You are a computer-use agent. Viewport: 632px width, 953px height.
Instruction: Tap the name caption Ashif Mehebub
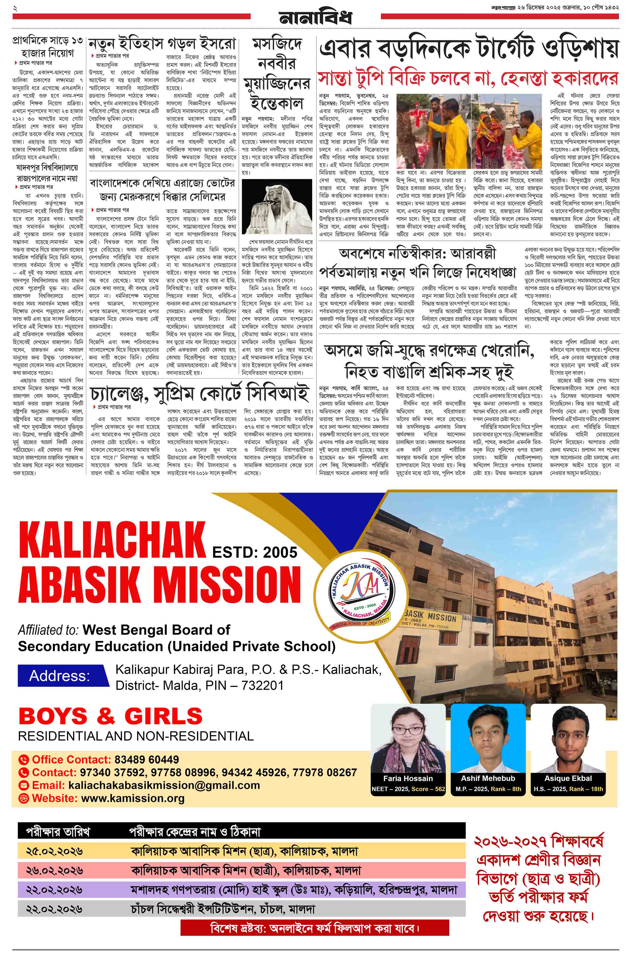[x=488, y=778]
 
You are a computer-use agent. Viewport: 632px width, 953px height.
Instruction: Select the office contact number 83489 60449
[x=147, y=759]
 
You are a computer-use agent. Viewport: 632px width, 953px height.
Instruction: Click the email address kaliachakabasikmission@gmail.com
[x=164, y=785]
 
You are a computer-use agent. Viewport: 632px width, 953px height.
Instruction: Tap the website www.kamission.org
[x=133, y=798]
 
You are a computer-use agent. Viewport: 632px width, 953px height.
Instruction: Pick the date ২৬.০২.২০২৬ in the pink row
[x=55, y=871]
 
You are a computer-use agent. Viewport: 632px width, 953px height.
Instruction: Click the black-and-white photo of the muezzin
[x=277, y=207]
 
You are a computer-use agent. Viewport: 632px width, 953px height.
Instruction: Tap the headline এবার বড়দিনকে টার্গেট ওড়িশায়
[x=469, y=49]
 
